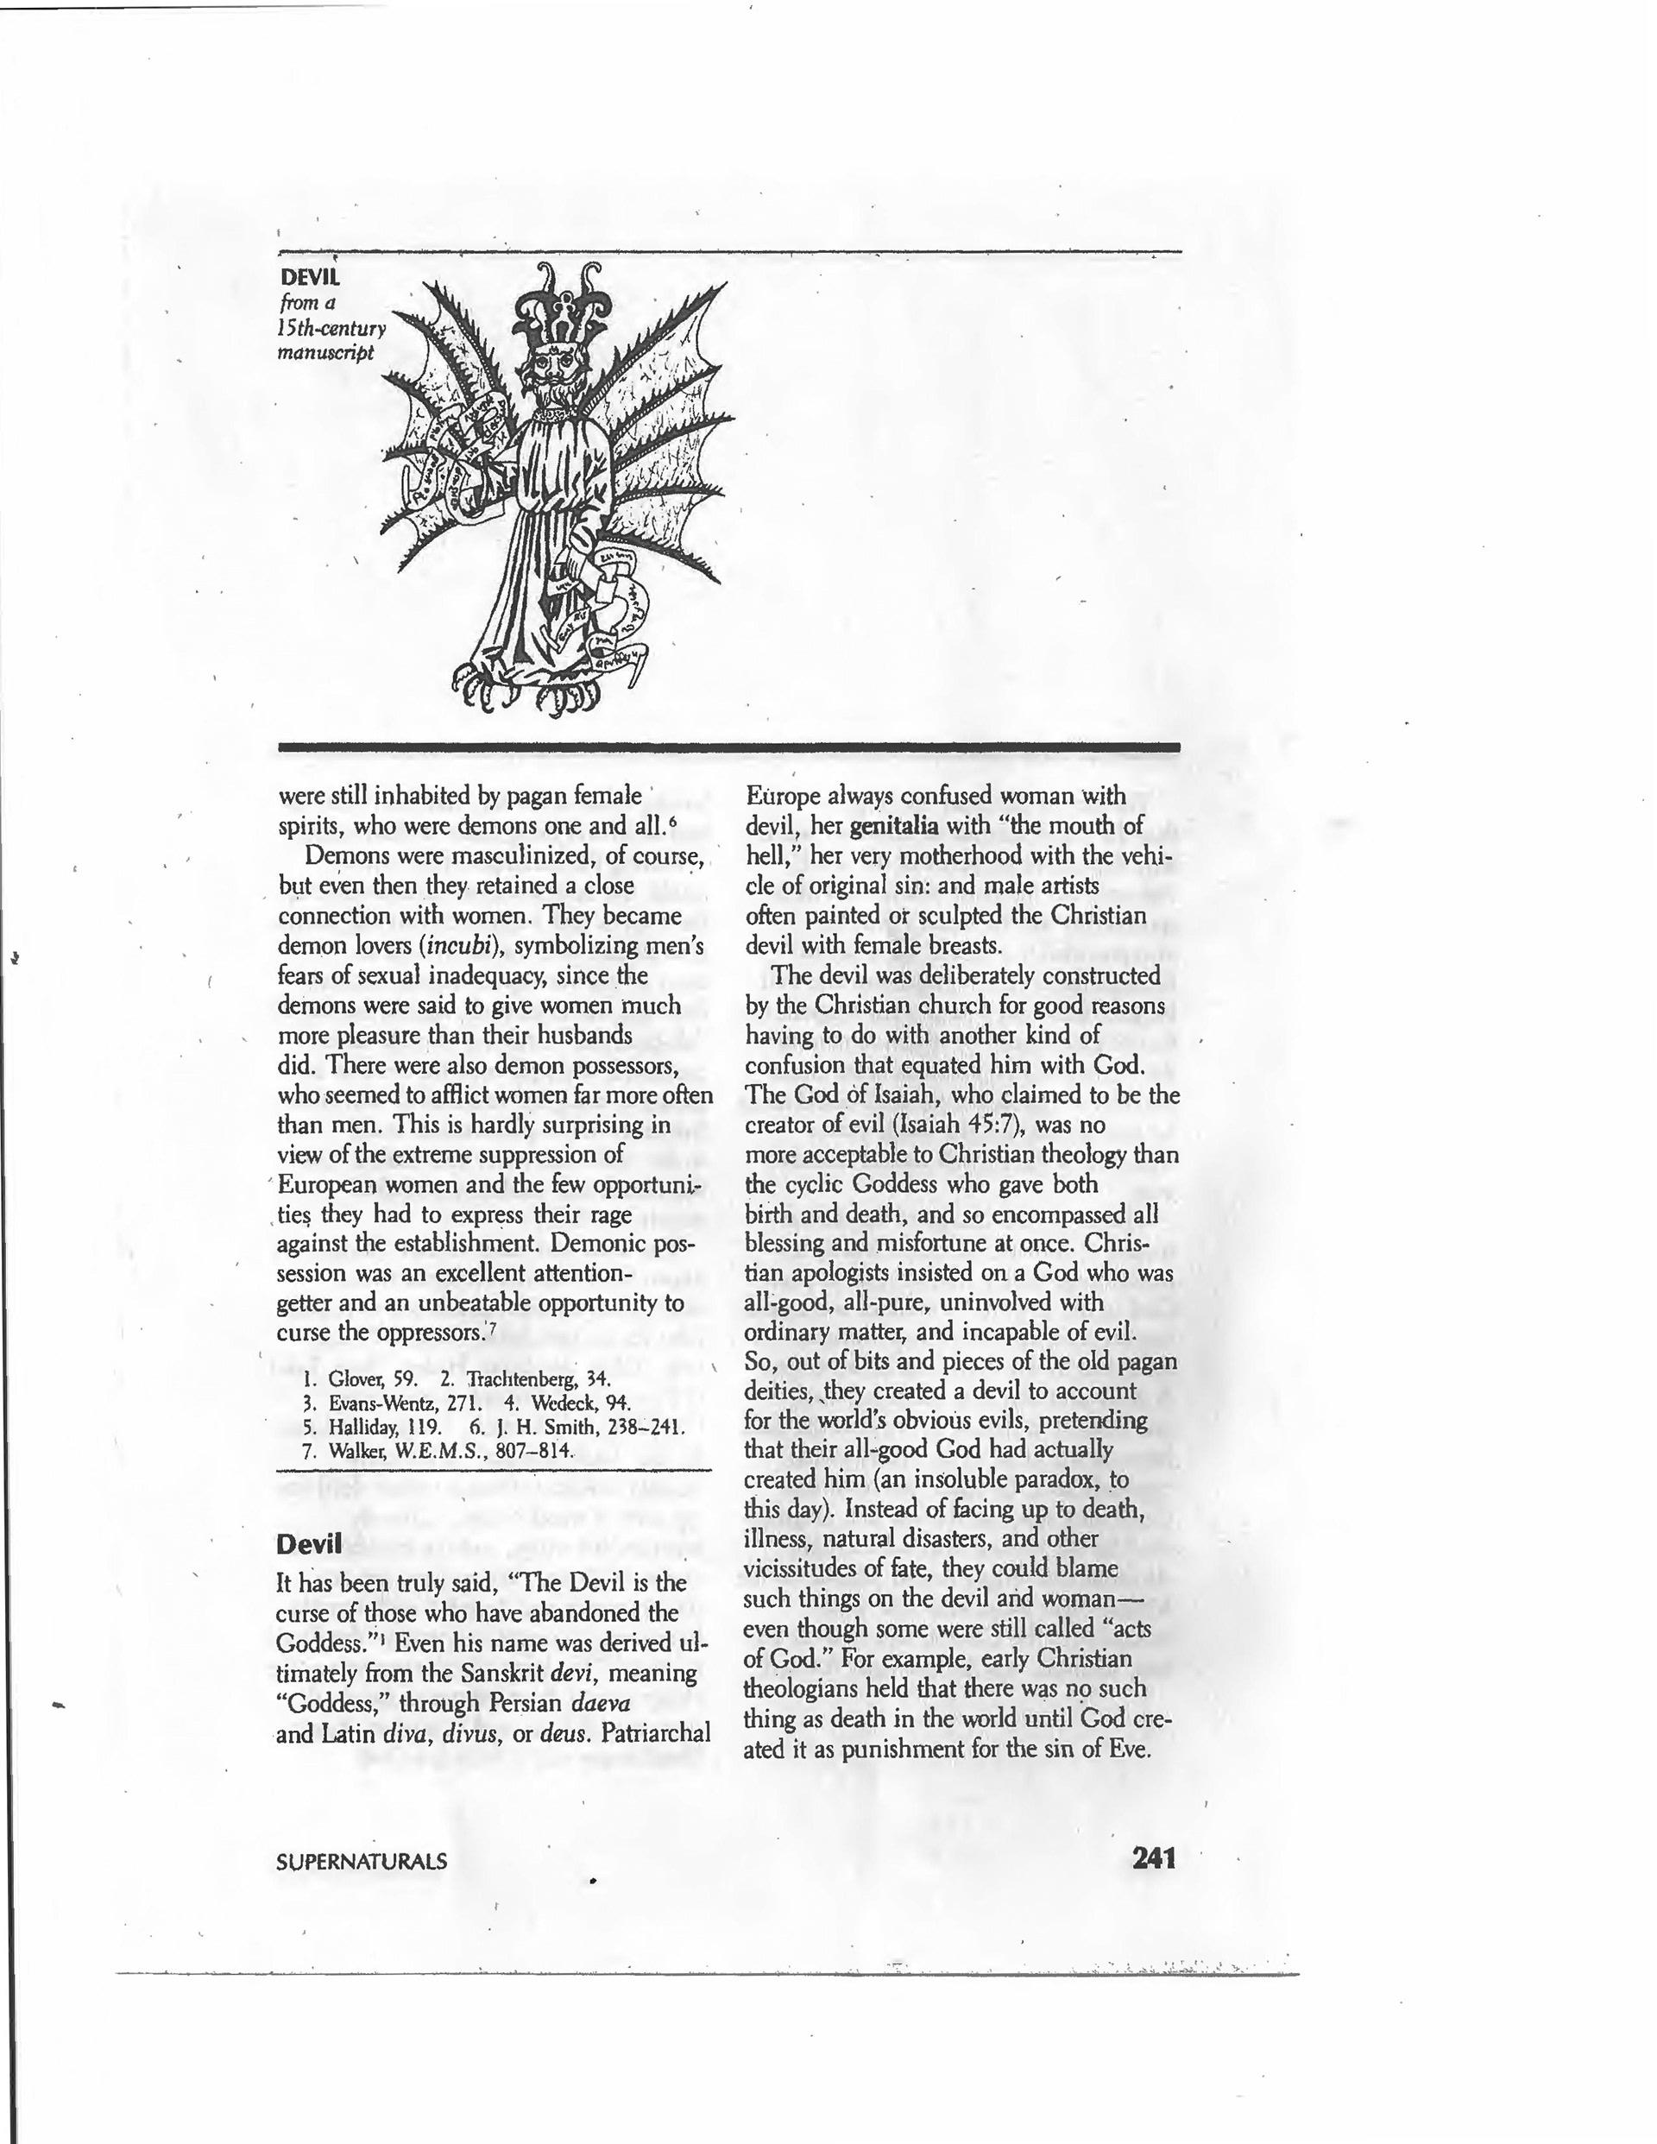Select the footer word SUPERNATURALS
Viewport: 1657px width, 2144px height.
pos(362,1861)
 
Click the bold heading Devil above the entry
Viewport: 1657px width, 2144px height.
pos(309,1544)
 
